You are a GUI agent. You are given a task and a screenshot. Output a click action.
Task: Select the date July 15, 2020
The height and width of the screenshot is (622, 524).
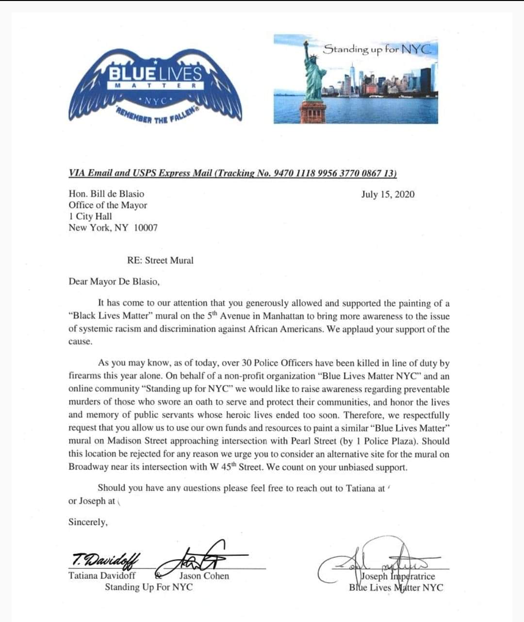388,195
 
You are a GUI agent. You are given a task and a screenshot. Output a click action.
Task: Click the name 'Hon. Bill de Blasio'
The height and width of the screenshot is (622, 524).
106,194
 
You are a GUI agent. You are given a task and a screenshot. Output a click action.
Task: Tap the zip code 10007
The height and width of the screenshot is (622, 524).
146,228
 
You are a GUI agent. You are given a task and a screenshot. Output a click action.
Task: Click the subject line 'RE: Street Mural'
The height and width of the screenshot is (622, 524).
160,260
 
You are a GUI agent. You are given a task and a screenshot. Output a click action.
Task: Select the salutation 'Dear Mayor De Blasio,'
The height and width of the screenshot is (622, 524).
114,281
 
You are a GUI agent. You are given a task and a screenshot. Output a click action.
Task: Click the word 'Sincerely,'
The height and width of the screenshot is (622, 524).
88,522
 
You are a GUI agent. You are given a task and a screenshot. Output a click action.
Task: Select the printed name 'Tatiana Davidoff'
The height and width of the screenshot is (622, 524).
102,576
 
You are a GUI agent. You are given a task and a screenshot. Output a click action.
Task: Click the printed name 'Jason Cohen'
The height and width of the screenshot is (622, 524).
204,576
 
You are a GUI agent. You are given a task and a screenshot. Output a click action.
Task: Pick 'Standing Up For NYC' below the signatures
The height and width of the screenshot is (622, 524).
149,587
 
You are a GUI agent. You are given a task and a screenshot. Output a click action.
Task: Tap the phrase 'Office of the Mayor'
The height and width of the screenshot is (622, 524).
108,205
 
